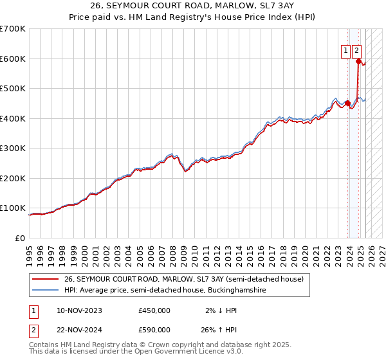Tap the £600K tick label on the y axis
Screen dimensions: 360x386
click(13, 59)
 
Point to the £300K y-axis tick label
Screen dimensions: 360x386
click(13, 148)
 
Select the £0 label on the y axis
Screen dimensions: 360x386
click(21, 238)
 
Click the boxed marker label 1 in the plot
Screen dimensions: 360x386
click(345, 51)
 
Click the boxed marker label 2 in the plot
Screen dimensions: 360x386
click(356, 51)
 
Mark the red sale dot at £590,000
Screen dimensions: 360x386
click(359, 62)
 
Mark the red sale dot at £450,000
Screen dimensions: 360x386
click(347, 103)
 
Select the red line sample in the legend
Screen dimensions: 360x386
click(46, 279)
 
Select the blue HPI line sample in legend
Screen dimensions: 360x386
click(46, 291)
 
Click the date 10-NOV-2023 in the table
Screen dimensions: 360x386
click(79, 310)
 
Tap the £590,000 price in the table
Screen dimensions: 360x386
click(154, 331)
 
